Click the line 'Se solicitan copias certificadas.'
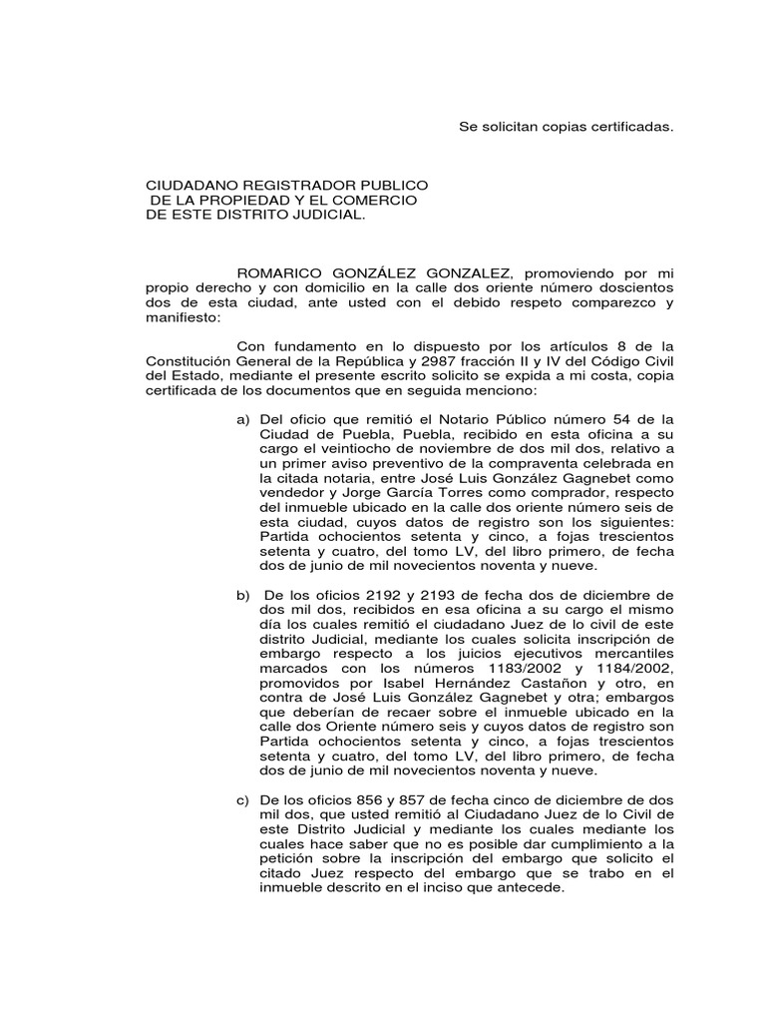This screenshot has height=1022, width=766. [567, 128]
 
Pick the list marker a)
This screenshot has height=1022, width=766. [242, 417]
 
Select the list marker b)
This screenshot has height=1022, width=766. [242, 595]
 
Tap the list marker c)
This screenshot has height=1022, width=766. [242, 801]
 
